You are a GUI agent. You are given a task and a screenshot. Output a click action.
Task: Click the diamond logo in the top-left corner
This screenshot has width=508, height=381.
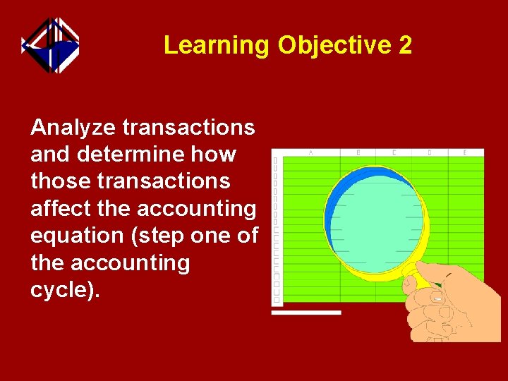click(50, 45)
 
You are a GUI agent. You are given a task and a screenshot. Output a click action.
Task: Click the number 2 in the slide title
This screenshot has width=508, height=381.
click(405, 45)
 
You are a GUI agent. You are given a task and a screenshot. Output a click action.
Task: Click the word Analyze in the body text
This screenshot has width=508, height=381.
click(74, 128)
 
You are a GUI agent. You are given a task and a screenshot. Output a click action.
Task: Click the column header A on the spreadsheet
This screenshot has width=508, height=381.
click(310, 152)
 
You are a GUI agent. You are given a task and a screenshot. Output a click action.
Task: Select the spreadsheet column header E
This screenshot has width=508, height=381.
click(464, 152)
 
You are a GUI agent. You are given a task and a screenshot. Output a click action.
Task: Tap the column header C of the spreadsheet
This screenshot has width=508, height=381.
click(394, 152)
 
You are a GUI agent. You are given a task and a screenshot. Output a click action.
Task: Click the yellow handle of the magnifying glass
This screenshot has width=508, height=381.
click(416, 274)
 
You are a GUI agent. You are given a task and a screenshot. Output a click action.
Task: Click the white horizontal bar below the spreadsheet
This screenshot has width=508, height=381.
click(306, 312)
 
